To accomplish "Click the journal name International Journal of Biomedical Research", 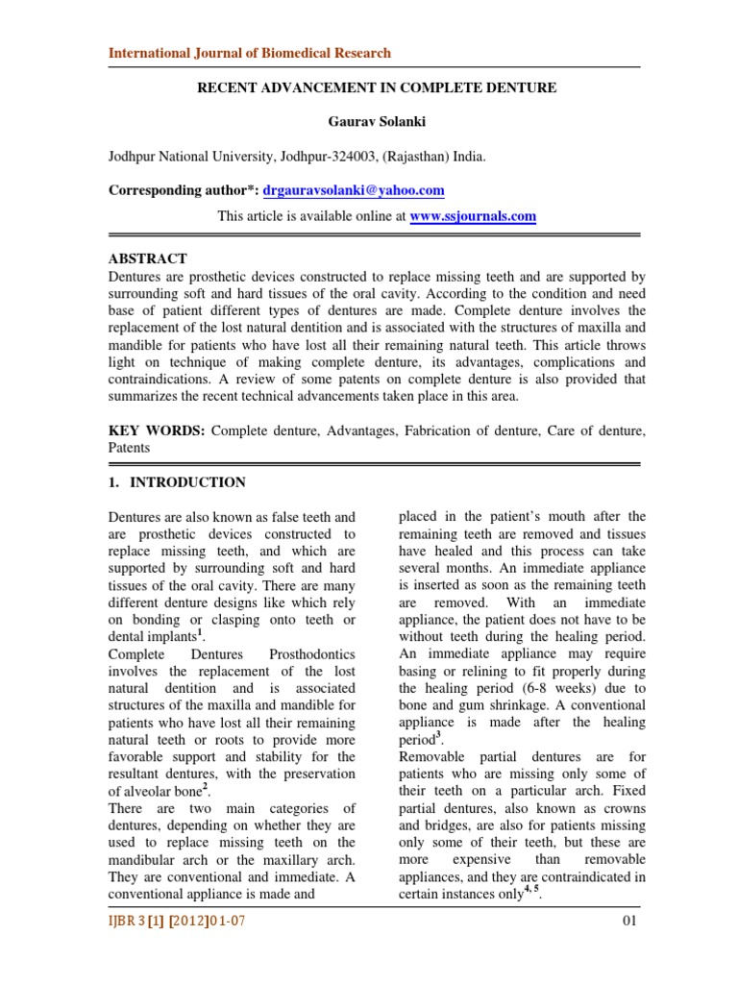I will tap(249, 53).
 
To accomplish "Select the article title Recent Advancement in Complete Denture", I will tap(377, 88).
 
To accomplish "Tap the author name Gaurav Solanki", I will tap(376, 123).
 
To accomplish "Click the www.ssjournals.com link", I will tap(473, 216).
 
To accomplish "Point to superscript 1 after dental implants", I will tap(204, 632).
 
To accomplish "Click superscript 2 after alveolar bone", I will tap(206, 788).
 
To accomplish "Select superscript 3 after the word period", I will tap(438, 735).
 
